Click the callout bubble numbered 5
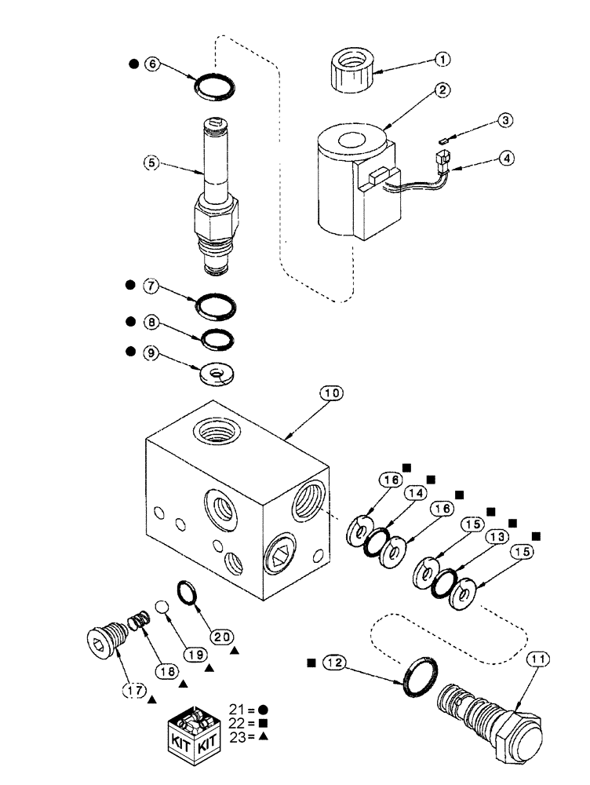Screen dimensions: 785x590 (151, 164)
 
